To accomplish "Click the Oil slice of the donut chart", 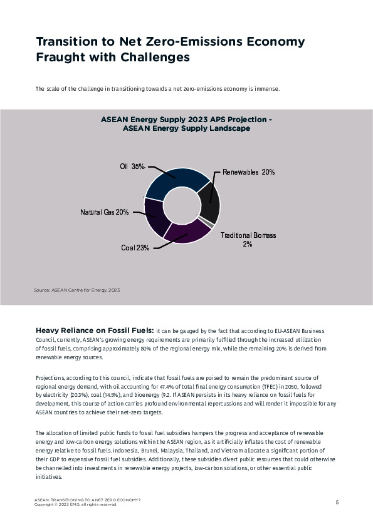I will (179, 180).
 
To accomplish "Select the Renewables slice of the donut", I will (210, 203).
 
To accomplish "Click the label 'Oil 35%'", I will (132, 166).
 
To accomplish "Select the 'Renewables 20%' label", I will (249, 171).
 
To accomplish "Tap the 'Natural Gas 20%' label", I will (104, 212).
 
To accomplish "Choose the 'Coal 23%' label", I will (135, 248).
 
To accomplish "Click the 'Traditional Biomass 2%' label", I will (248, 240).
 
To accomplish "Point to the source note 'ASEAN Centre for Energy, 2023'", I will (76, 290).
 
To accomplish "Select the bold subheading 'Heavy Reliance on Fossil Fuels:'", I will (95, 330).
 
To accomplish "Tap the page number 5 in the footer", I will (337, 502).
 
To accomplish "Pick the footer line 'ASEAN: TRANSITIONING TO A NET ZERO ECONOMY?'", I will (87, 500).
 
